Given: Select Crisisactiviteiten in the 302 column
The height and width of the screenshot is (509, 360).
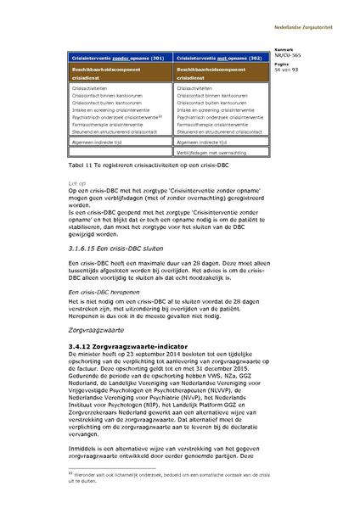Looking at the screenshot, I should (x=198, y=87).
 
